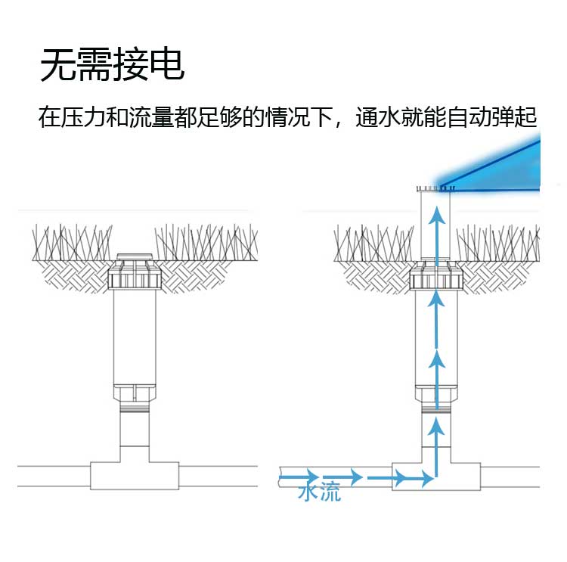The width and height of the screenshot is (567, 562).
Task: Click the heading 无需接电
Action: pyautogui.click(x=111, y=65)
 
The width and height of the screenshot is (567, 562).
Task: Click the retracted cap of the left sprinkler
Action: pyautogui.click(x=135, y=258)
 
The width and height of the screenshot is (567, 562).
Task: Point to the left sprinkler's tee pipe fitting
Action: pyautogui.click(x=136, y=476)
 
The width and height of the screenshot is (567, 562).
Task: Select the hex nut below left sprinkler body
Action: pyautogui.click(x=136, y=394)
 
